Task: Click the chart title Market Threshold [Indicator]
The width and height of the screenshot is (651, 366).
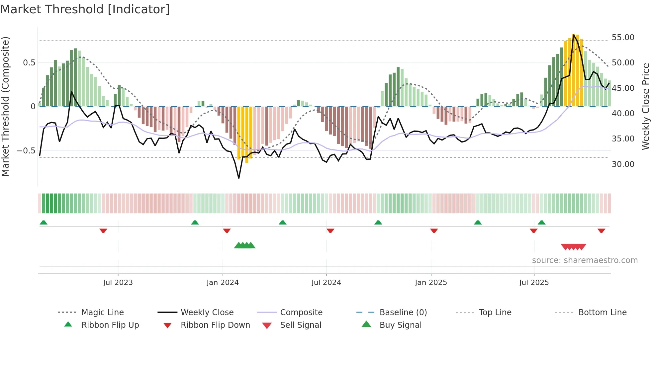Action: tap(85, 9)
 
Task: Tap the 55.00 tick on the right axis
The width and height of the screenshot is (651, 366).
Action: tap(623, 38)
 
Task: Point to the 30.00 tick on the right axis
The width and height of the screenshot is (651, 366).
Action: tap(623, 164)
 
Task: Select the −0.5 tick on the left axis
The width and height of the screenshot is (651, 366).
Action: tap(26, 150)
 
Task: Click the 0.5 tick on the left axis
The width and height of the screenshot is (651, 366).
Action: tap(29, 63)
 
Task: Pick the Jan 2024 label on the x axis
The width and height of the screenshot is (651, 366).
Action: tap(223, 283)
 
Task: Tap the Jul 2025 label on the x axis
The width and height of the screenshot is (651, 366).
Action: tap(534, 283)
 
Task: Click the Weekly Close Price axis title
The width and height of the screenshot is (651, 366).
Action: tap(645, 106)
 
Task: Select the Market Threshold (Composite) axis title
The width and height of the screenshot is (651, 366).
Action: tap(5, 106)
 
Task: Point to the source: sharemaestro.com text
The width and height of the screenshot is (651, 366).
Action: tap(585, 260)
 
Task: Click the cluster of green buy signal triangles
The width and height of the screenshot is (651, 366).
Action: tap(245, 245)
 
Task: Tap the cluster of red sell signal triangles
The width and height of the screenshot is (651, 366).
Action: tap(573, 247)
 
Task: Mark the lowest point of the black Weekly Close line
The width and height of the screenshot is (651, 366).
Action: tap(239, 178)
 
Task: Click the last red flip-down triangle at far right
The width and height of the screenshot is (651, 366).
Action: tap(601, 230)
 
